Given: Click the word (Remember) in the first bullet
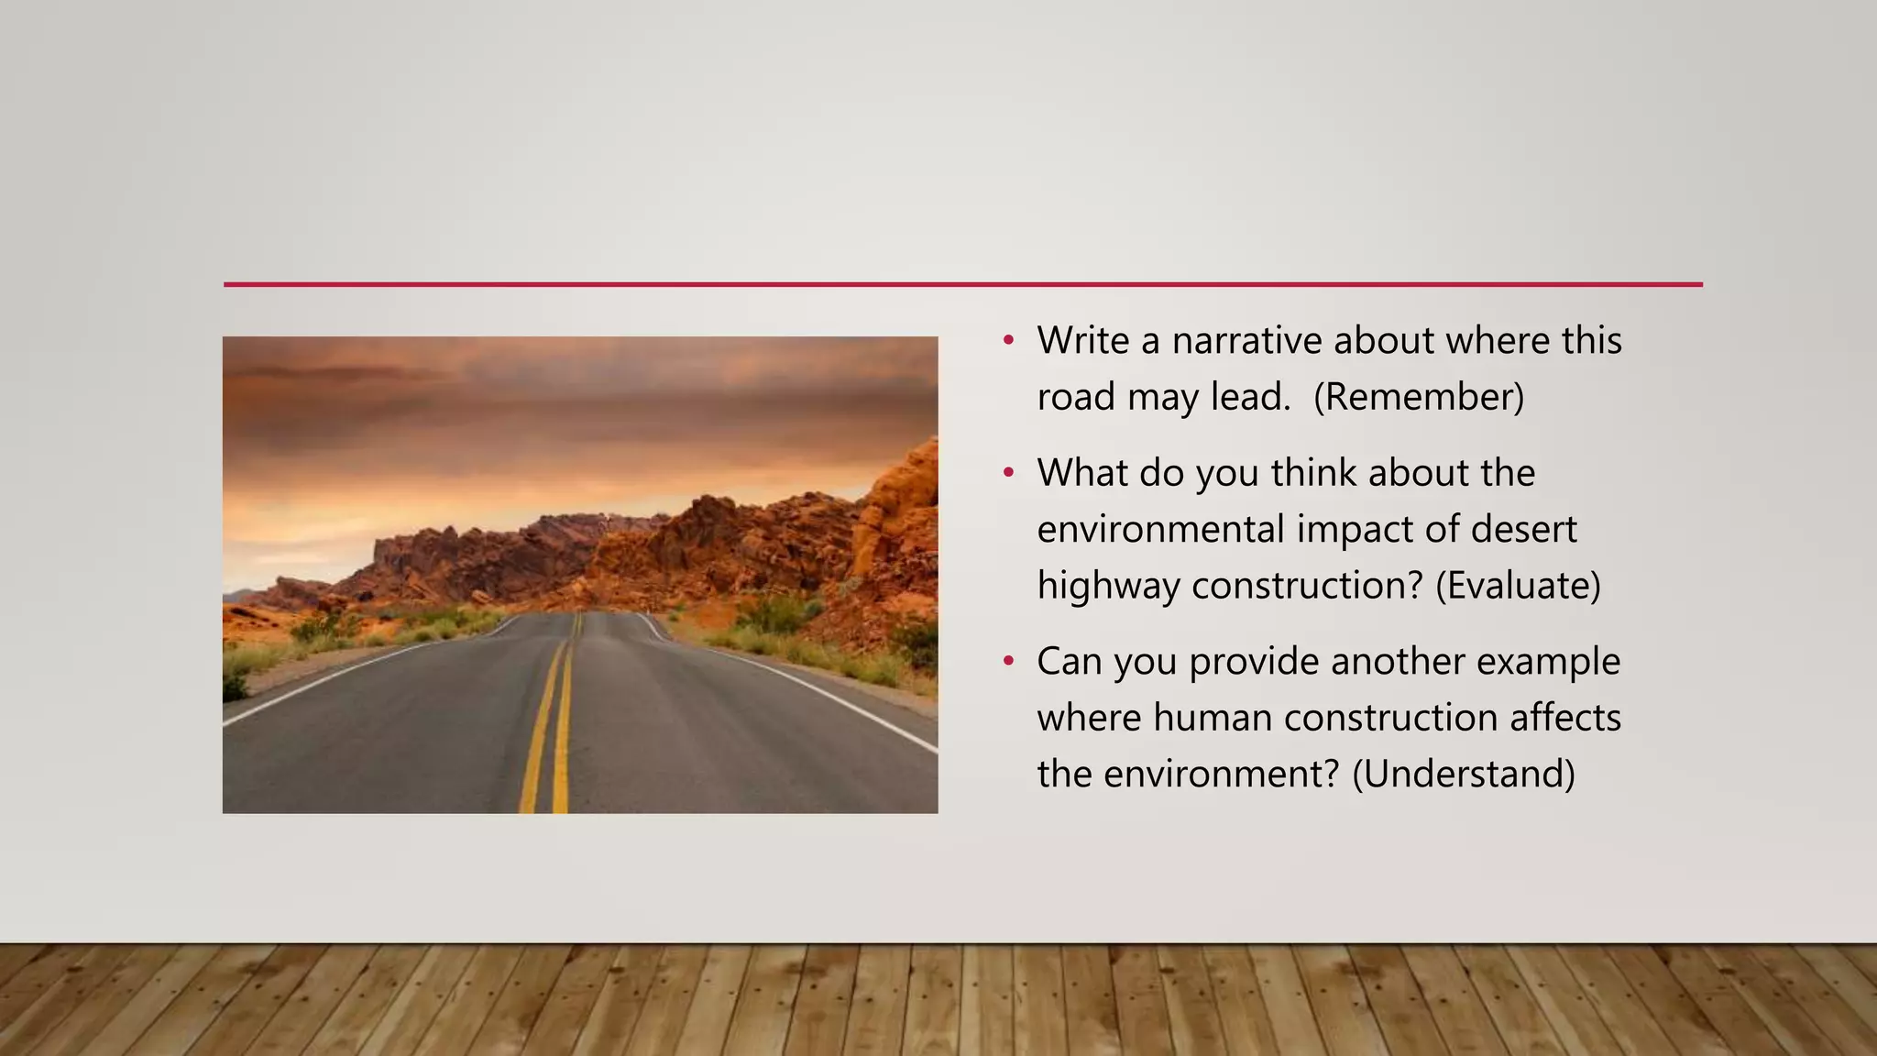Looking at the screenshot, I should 1418,397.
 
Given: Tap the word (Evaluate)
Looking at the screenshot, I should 1518,586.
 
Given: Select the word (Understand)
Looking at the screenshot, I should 1464,774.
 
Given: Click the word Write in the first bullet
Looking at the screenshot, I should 1082,341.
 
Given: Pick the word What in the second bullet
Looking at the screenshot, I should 1082,473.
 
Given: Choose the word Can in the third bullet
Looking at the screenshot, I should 1069,661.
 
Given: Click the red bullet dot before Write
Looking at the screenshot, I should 1008,341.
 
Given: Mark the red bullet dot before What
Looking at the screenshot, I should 1008,473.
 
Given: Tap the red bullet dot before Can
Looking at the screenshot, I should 1008,661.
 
